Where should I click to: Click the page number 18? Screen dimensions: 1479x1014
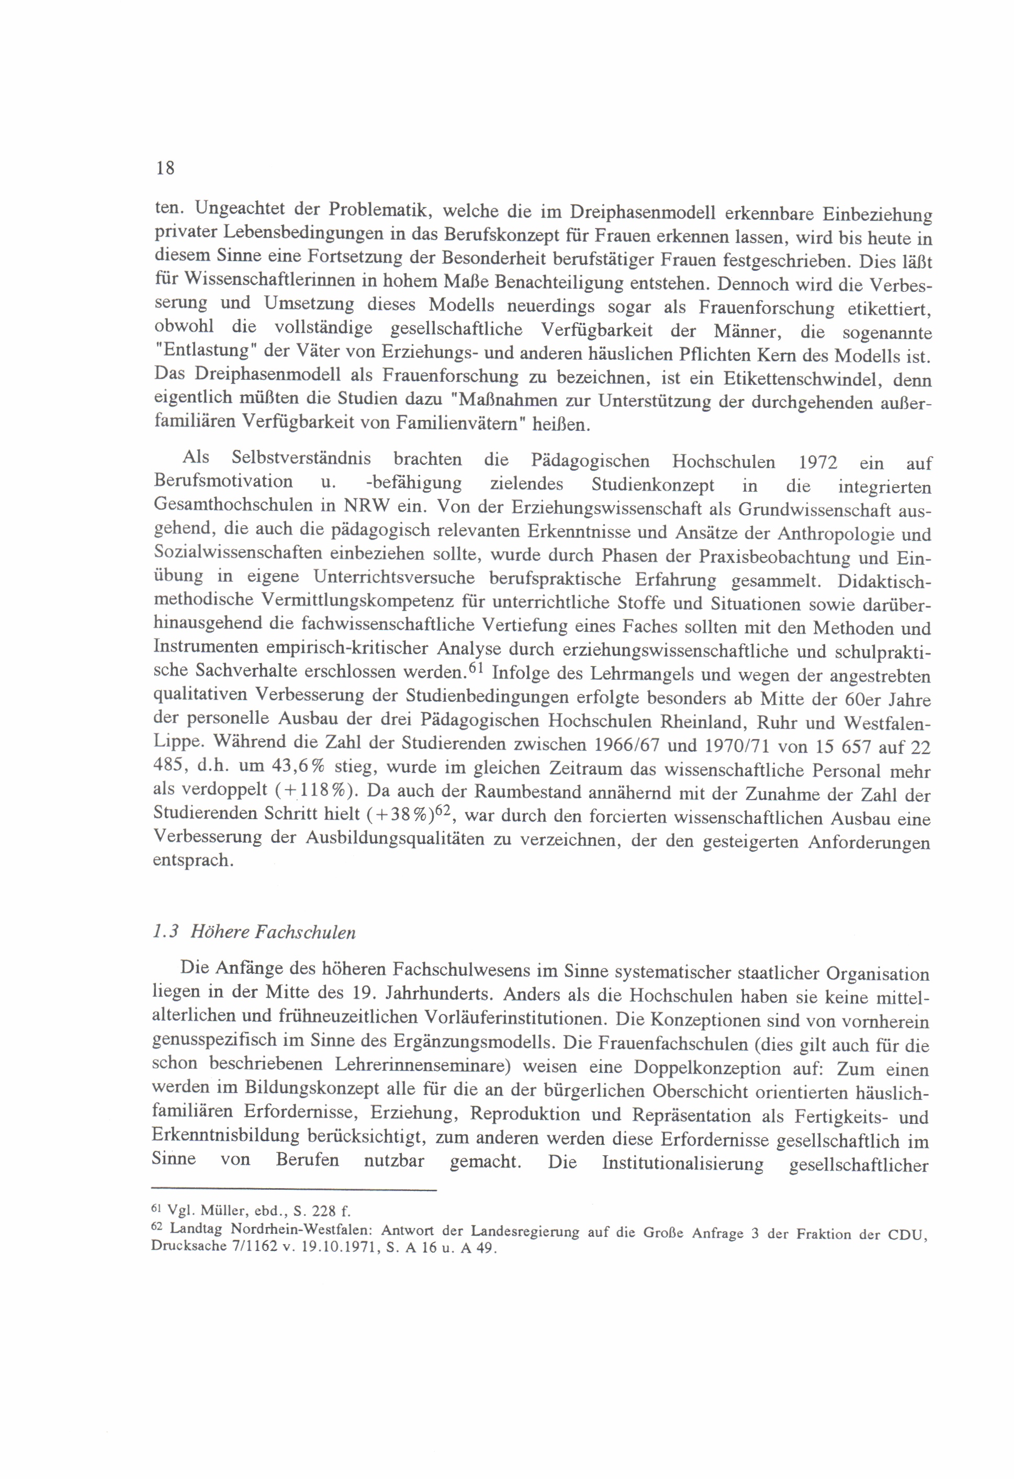165,168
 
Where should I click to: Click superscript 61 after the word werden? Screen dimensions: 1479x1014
477,667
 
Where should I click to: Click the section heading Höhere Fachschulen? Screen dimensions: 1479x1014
273,933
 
